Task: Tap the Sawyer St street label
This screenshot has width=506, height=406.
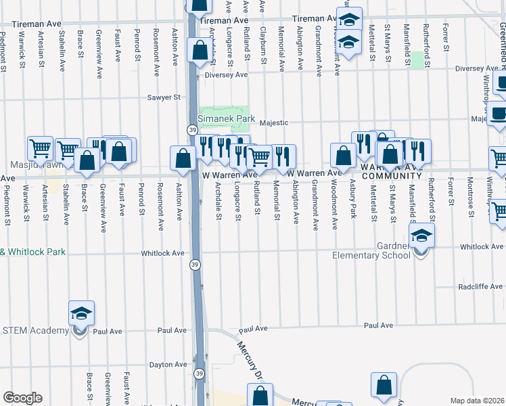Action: tap(165, 97)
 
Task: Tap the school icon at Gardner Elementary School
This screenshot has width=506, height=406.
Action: tap(421, 236)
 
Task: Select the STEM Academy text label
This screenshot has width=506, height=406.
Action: tap(34, 330)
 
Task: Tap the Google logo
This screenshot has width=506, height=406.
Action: tap(22, 398)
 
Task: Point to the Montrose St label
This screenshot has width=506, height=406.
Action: tap(470, 194)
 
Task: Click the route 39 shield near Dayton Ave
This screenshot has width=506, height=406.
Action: tap(199, 373)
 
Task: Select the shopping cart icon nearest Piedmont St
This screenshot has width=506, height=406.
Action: tap(40, 148)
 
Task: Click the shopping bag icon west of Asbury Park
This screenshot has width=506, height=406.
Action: tap(344, 156)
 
